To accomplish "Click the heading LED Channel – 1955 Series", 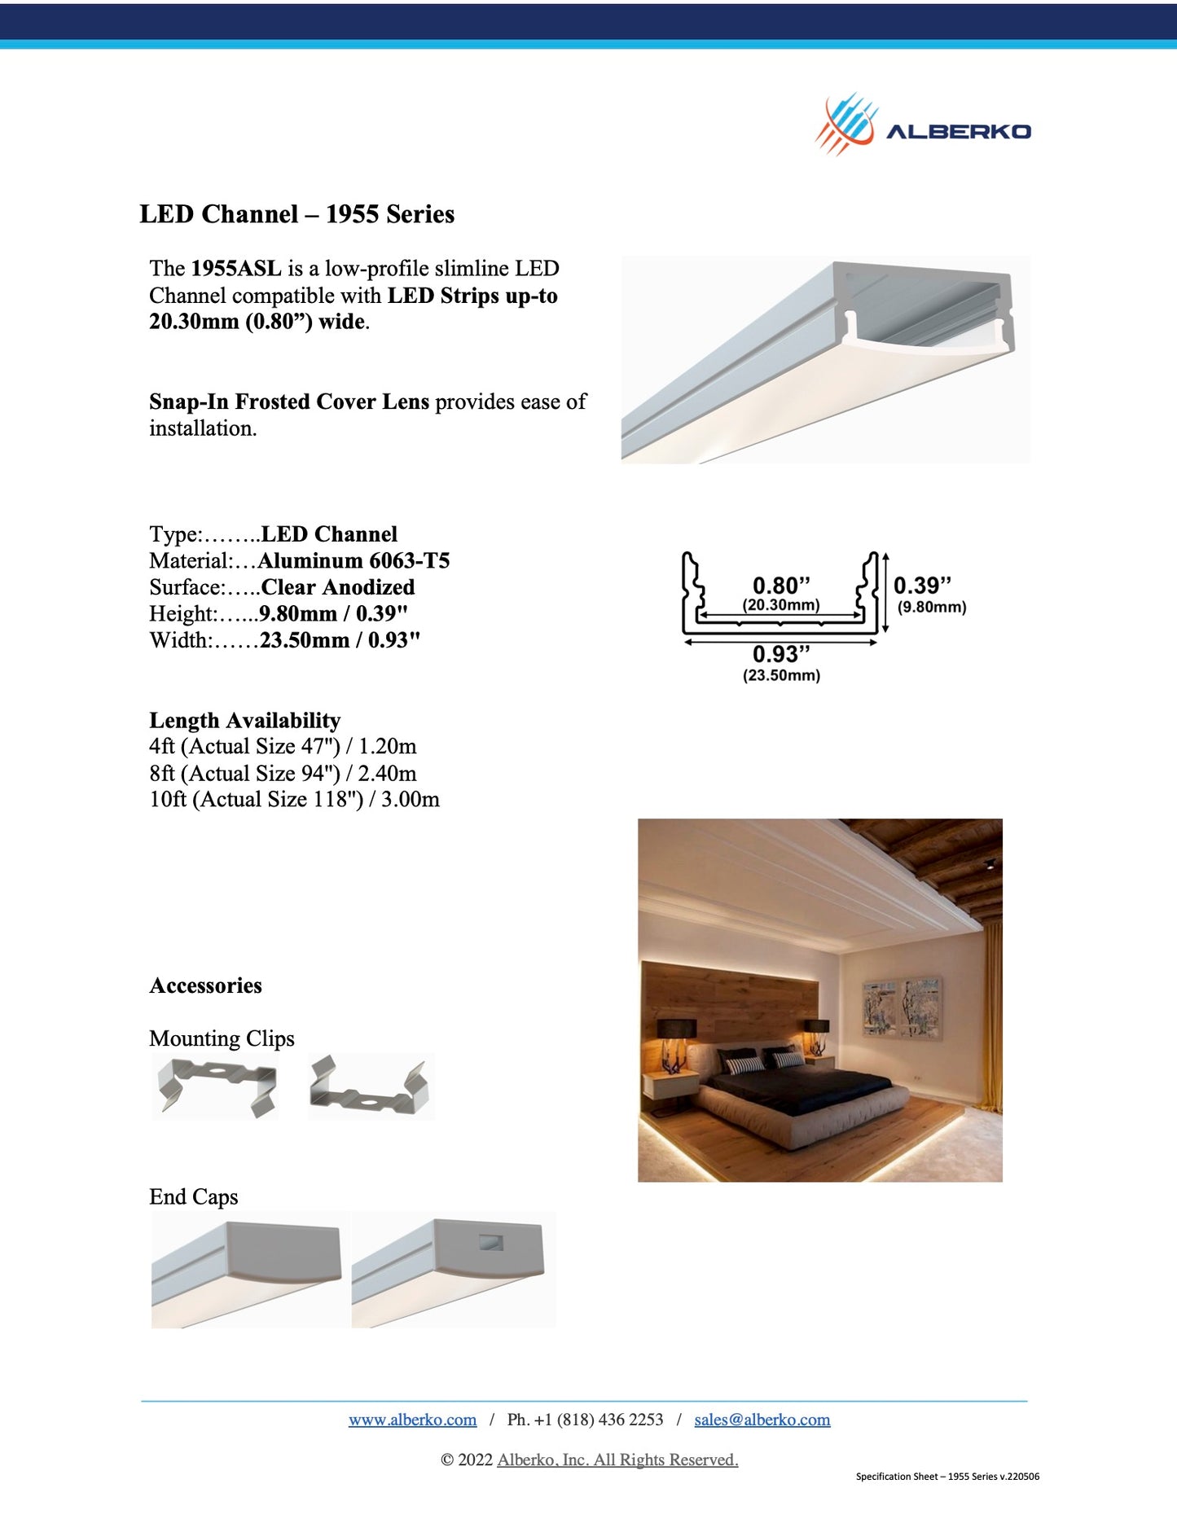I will (296, 214).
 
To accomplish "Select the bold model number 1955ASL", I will (236, 269).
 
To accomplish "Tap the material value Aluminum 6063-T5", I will (354, 561).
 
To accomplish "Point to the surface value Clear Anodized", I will (337, 587).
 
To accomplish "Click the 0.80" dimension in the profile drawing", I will (781, 586).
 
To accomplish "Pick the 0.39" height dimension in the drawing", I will (922, 586).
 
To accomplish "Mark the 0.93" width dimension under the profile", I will (781, 654).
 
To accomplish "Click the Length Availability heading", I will (244, 721).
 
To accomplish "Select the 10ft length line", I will (294, 800).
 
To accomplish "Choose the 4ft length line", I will (283, 747).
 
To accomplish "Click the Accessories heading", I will (205, 985).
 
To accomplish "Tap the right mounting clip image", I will (370, 1086).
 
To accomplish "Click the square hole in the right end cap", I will (491, 1243).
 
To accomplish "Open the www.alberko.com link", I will (412, 1420).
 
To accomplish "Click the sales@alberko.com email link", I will (762, 1420).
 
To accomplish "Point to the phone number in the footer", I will (585, 1420).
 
